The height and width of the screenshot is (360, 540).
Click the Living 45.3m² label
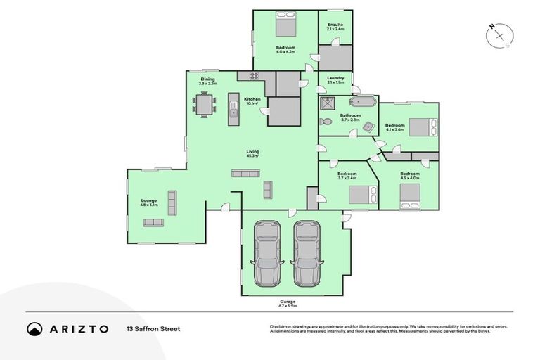coord(252,153)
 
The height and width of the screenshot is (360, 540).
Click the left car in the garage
coord(266,255)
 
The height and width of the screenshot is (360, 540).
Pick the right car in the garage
coord(307,255)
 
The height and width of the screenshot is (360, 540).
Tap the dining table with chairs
coord(204,105)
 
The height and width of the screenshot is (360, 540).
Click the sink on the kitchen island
coord(233,111)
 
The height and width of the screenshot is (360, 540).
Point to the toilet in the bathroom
coord(325,122)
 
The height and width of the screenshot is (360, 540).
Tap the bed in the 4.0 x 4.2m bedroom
coord(285,27)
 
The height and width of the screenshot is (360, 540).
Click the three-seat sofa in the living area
coord(245,174)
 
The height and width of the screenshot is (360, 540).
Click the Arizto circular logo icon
coord(34,328)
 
